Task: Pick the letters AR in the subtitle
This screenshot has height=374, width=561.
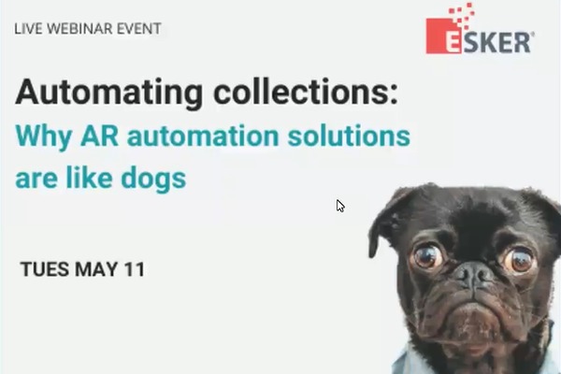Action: (99, 136)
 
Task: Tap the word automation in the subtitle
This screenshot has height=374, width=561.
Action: (203, 136)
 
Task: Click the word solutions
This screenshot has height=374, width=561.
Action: (349, 136)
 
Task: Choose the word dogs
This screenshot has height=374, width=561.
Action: (153, 179)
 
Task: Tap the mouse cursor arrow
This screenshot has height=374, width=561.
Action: (340, 206)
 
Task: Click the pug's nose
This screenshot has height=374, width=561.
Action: (474, 275)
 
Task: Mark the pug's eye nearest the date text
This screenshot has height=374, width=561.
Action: (426, 255)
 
